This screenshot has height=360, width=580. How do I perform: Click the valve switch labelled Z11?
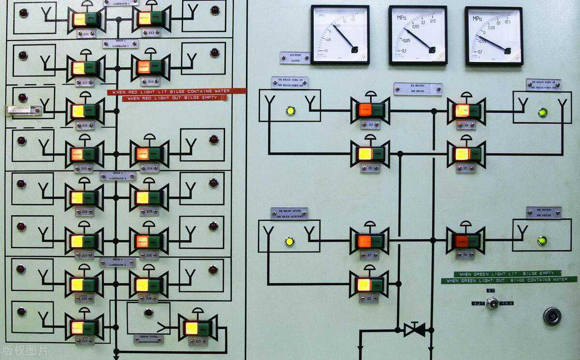pyautogui.click(x=86, y=19)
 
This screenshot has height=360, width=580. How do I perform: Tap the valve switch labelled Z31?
pyautogui.click(x=85, y=111)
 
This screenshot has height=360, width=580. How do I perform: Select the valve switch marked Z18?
pyautogui.click(x=148, y=241)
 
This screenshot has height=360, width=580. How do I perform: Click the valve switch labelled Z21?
pyautogui.click(x=197, y=329)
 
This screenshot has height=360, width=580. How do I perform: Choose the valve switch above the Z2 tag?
pyautogui.click(x=466, y=154)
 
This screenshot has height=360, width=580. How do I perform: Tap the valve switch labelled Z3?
pyautogui.click(x=370, y=285)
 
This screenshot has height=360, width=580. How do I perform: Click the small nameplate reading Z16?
pyautogui.click(x=149, y=168)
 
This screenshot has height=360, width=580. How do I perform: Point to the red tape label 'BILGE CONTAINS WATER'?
pyautogui.click(x=176, y=91)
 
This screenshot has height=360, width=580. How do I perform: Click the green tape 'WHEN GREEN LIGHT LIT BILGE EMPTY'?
pyautogui.click(x=507, y=274)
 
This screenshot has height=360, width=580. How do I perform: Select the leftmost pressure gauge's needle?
pyautogui.click(x=344, y=37)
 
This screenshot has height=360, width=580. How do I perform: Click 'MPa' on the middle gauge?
pyautogui.click(x=402, y=18)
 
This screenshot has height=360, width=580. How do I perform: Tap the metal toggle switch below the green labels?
pyautogui.click(x=492, y=303)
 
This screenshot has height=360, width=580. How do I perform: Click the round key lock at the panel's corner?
pyautogui.click(x=552, y=316)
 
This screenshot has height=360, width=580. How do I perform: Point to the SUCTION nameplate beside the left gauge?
pyautogui.click(x=295, y=58)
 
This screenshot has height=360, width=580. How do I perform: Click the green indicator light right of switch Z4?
pyautogui.click(x=542, y=240)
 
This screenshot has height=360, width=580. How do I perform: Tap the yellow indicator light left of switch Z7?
pyautogui.click(x=289, y=241)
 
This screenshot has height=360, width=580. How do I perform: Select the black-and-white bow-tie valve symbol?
pyautogui.click(x=415, y=330)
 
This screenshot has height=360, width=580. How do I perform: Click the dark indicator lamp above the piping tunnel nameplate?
pyautogui.click(x=148, y=313)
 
